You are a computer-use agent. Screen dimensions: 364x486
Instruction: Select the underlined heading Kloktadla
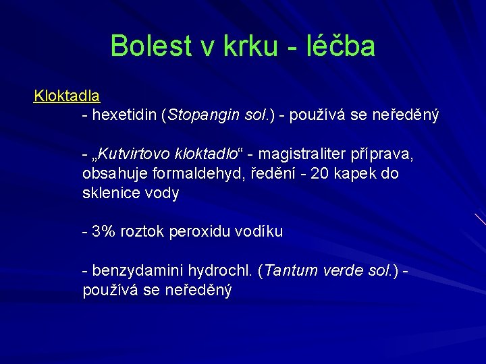tap(67, 96)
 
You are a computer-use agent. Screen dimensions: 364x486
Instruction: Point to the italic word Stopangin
tap(203, 115)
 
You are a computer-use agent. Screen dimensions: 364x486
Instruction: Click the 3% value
tap(104, 232)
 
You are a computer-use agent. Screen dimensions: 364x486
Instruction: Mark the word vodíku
tap(260, 232)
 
